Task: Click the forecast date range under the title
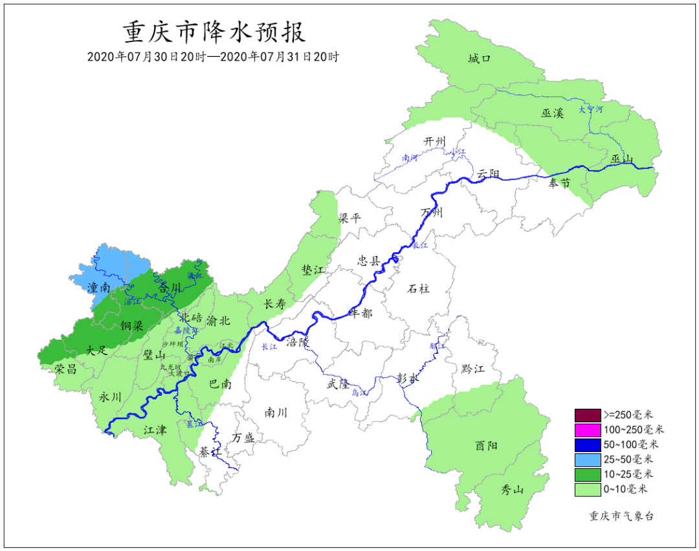point(214,57)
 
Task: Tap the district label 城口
point(480,59)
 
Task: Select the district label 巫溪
point(553,113)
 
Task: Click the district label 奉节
point(559,184)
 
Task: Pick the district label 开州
point(435,142)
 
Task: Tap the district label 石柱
point(418,288)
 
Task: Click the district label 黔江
point(472,369)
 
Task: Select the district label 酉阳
point(487,446)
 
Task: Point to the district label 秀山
point(512,490)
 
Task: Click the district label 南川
point(276,412)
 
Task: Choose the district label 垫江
point(312,270)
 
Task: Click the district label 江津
point(155,429)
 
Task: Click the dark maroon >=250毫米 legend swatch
point(587,415)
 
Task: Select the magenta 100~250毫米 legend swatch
point(587,429)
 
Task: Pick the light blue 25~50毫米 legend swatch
point(587,460)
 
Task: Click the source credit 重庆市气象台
point(621,515)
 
